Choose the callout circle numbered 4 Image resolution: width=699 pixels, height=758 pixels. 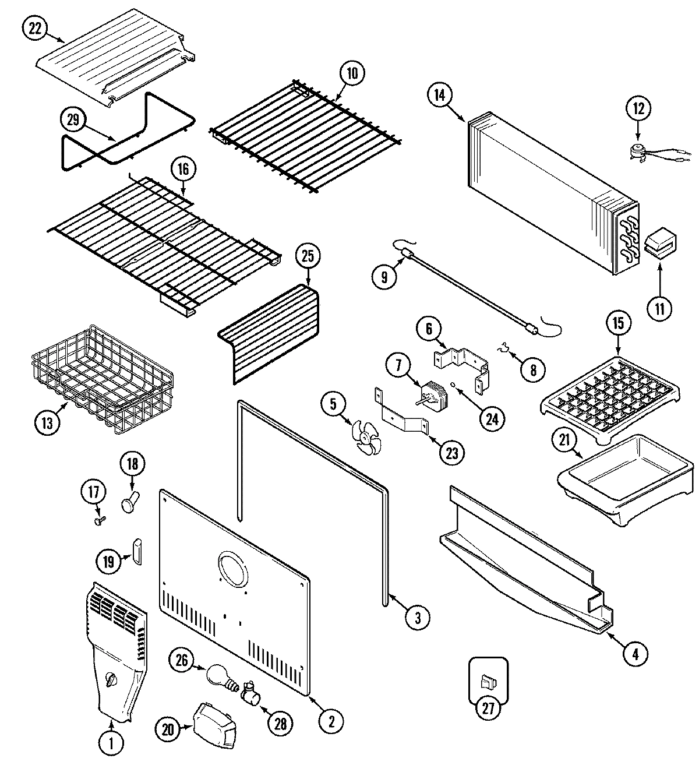(635, 654)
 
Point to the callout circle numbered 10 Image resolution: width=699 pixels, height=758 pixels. (352, 74)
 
